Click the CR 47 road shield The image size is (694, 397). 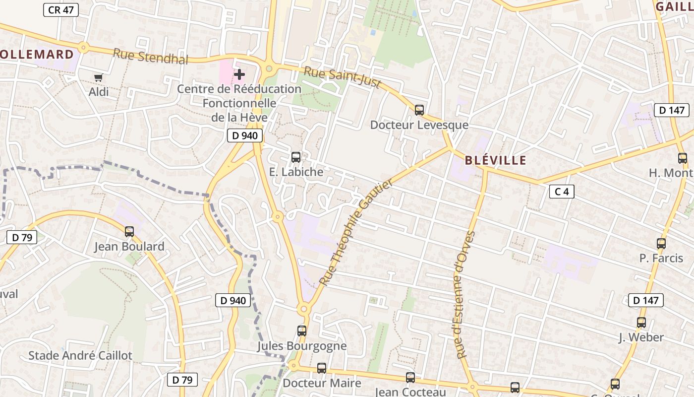(x=61, y=9)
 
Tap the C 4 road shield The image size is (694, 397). (x=562, y=192)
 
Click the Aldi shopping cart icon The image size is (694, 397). (x=98, y=77)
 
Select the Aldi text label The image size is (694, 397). (x=99, y=92)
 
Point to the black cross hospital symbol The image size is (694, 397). (x=239, y=75)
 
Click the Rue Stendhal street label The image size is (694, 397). (x=151, y=56)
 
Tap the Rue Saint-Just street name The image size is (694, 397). (x=342, y=77)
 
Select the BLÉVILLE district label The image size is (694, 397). (x=495, y=160)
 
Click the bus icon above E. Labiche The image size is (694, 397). (x=296, y=157)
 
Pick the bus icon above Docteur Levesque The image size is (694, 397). (x=419, y=110)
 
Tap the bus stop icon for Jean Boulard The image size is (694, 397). (x=129, y=232)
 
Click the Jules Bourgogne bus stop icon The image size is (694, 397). (x=302, y=331)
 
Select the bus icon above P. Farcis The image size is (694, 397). (x=661, y=244)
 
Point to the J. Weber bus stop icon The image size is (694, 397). (x=641, y=323)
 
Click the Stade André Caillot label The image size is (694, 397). (x=80, y=355)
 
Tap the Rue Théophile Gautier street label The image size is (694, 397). (x=355, y=232)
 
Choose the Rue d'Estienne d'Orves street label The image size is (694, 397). (x=464, y=295)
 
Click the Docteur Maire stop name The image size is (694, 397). (x=322, y=383)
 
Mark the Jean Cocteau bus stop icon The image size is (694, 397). (x=410, y=378)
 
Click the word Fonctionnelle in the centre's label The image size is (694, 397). (x=239, y=103)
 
